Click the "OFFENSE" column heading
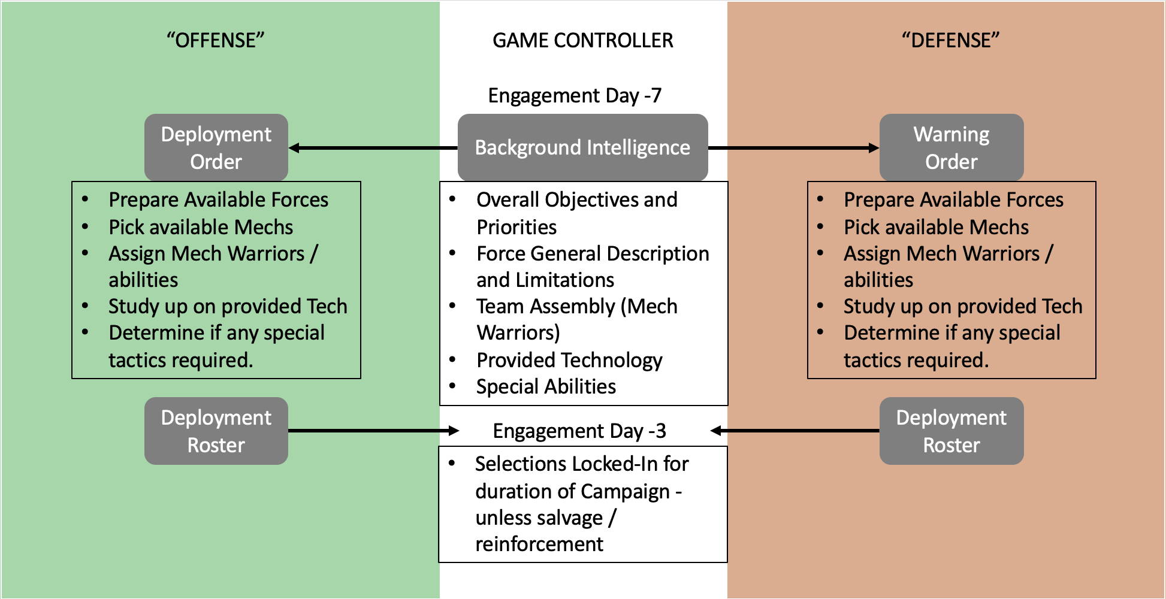(216, 40)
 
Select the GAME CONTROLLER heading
(583, 40)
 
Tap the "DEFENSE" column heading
(951, 40)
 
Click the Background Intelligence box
(583, 147)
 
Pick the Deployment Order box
(216, 147)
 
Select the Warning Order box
(951, 147)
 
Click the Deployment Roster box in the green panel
(216, 431)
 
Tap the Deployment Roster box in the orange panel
(951, 431)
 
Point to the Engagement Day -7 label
(575, 95)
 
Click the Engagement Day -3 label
(579, 431)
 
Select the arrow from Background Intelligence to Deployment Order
(373, 147)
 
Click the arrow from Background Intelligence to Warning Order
(794, 147)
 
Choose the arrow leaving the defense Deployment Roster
(795, 431)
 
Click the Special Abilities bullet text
(546, 386)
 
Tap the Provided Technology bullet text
(569, 360)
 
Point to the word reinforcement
(539, 544)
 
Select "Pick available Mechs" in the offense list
(201, 227)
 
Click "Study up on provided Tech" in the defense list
(963, 306)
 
